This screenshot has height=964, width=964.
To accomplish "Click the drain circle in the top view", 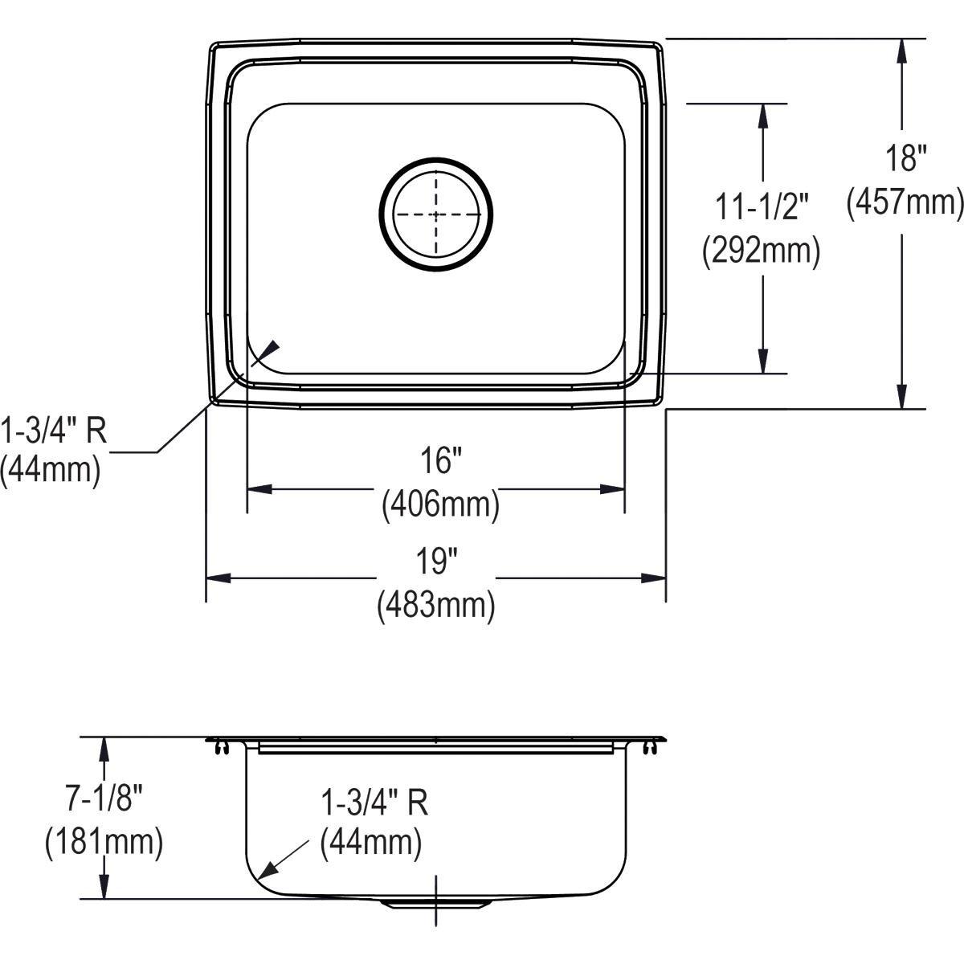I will [x=435, y=214].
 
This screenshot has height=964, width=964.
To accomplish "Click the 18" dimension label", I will [x=905, y=158].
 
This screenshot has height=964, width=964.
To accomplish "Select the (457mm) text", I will [x=905, y=202].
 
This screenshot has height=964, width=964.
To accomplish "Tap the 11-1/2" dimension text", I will [x=762, y=207].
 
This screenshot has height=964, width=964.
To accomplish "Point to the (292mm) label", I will [x=762, y=252].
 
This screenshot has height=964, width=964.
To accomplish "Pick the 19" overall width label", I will [x=436, y=561].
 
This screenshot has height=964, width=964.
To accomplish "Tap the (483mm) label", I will [x=436, y=605].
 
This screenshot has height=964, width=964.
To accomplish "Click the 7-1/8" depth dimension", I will [x=104, y=798].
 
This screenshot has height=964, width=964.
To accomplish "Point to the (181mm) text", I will [x=104, y=842].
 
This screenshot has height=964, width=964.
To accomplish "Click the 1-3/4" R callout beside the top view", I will [x=53, y=431].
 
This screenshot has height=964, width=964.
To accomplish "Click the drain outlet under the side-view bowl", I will [x=435, y=904].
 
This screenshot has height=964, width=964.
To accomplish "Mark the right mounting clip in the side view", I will [x=650, y=748].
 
